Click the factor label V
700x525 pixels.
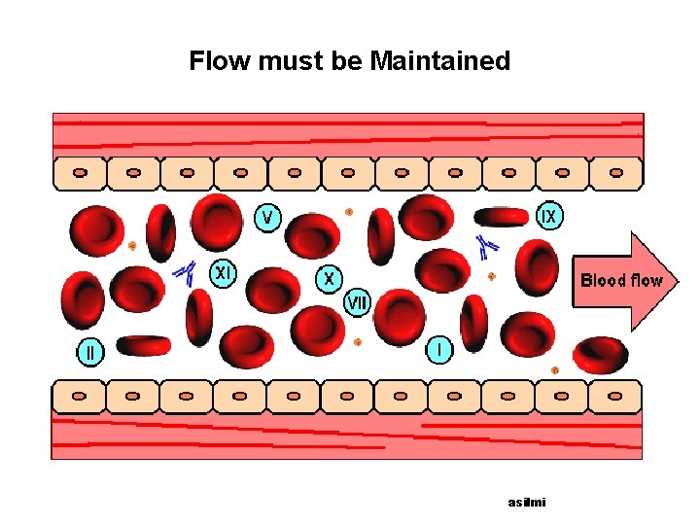click(267, 216)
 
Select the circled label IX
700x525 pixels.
click(549, 216)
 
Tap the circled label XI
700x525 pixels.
click(224, 273)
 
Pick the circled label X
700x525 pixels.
click(330, 279)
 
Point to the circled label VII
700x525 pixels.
click(357, 303)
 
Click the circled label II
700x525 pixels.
click(90, 352)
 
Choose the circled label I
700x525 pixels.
click(439, 348)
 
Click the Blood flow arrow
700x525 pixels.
click(622, 281)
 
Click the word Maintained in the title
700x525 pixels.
click(440, 61)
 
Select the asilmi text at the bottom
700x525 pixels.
click(527, 502)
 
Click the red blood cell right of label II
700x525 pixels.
click(143, 345)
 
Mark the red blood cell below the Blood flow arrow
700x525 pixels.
click(600, 354)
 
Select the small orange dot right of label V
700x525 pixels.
click(349, 211)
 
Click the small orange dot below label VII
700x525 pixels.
click(358, 342)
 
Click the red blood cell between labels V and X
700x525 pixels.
click(312, 234)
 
